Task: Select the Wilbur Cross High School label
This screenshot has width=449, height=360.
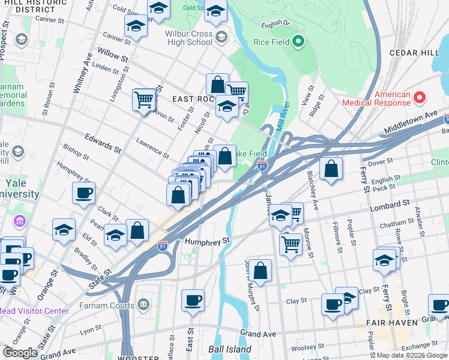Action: pos(191,38)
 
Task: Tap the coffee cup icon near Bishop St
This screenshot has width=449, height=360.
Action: pos(83,193)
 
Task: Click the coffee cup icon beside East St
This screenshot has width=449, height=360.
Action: pos(193,300)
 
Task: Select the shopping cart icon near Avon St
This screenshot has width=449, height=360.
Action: pos(143,99)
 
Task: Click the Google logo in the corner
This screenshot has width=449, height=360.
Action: pos(20,353)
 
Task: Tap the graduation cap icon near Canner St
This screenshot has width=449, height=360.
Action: pos(136,26)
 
